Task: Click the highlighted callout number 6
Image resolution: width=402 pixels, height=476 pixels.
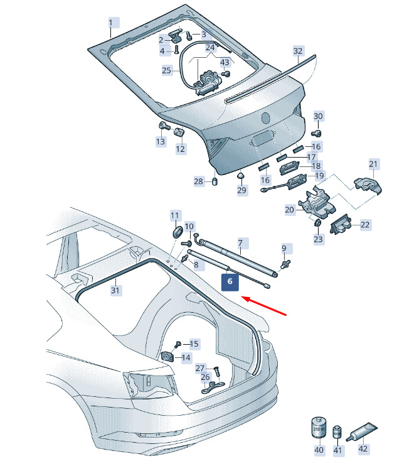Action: [230, 282]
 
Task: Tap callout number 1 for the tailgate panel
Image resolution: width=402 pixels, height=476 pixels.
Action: [111, 23]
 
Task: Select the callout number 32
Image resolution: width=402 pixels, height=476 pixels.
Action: [298, 51]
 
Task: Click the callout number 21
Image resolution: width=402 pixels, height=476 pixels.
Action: [373, 165]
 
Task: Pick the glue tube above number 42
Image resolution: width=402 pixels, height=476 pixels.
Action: [361, 431]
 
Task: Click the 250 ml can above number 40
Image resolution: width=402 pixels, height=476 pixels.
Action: [319, 428]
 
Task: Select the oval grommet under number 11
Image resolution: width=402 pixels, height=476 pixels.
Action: [177, 233]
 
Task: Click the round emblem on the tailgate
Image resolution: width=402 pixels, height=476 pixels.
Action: [266, 118]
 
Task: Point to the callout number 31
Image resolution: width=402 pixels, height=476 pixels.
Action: [115, 290]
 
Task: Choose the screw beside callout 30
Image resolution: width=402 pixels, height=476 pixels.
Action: [317, 133]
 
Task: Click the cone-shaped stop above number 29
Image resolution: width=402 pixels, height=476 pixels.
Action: [241, 176]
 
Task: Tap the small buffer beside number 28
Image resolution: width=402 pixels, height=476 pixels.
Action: [214, 182]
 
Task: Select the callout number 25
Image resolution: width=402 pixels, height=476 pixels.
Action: [166, 70]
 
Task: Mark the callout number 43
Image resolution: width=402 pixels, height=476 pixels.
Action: [225, 62]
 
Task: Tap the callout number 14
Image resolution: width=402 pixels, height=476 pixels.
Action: [186, 357]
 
